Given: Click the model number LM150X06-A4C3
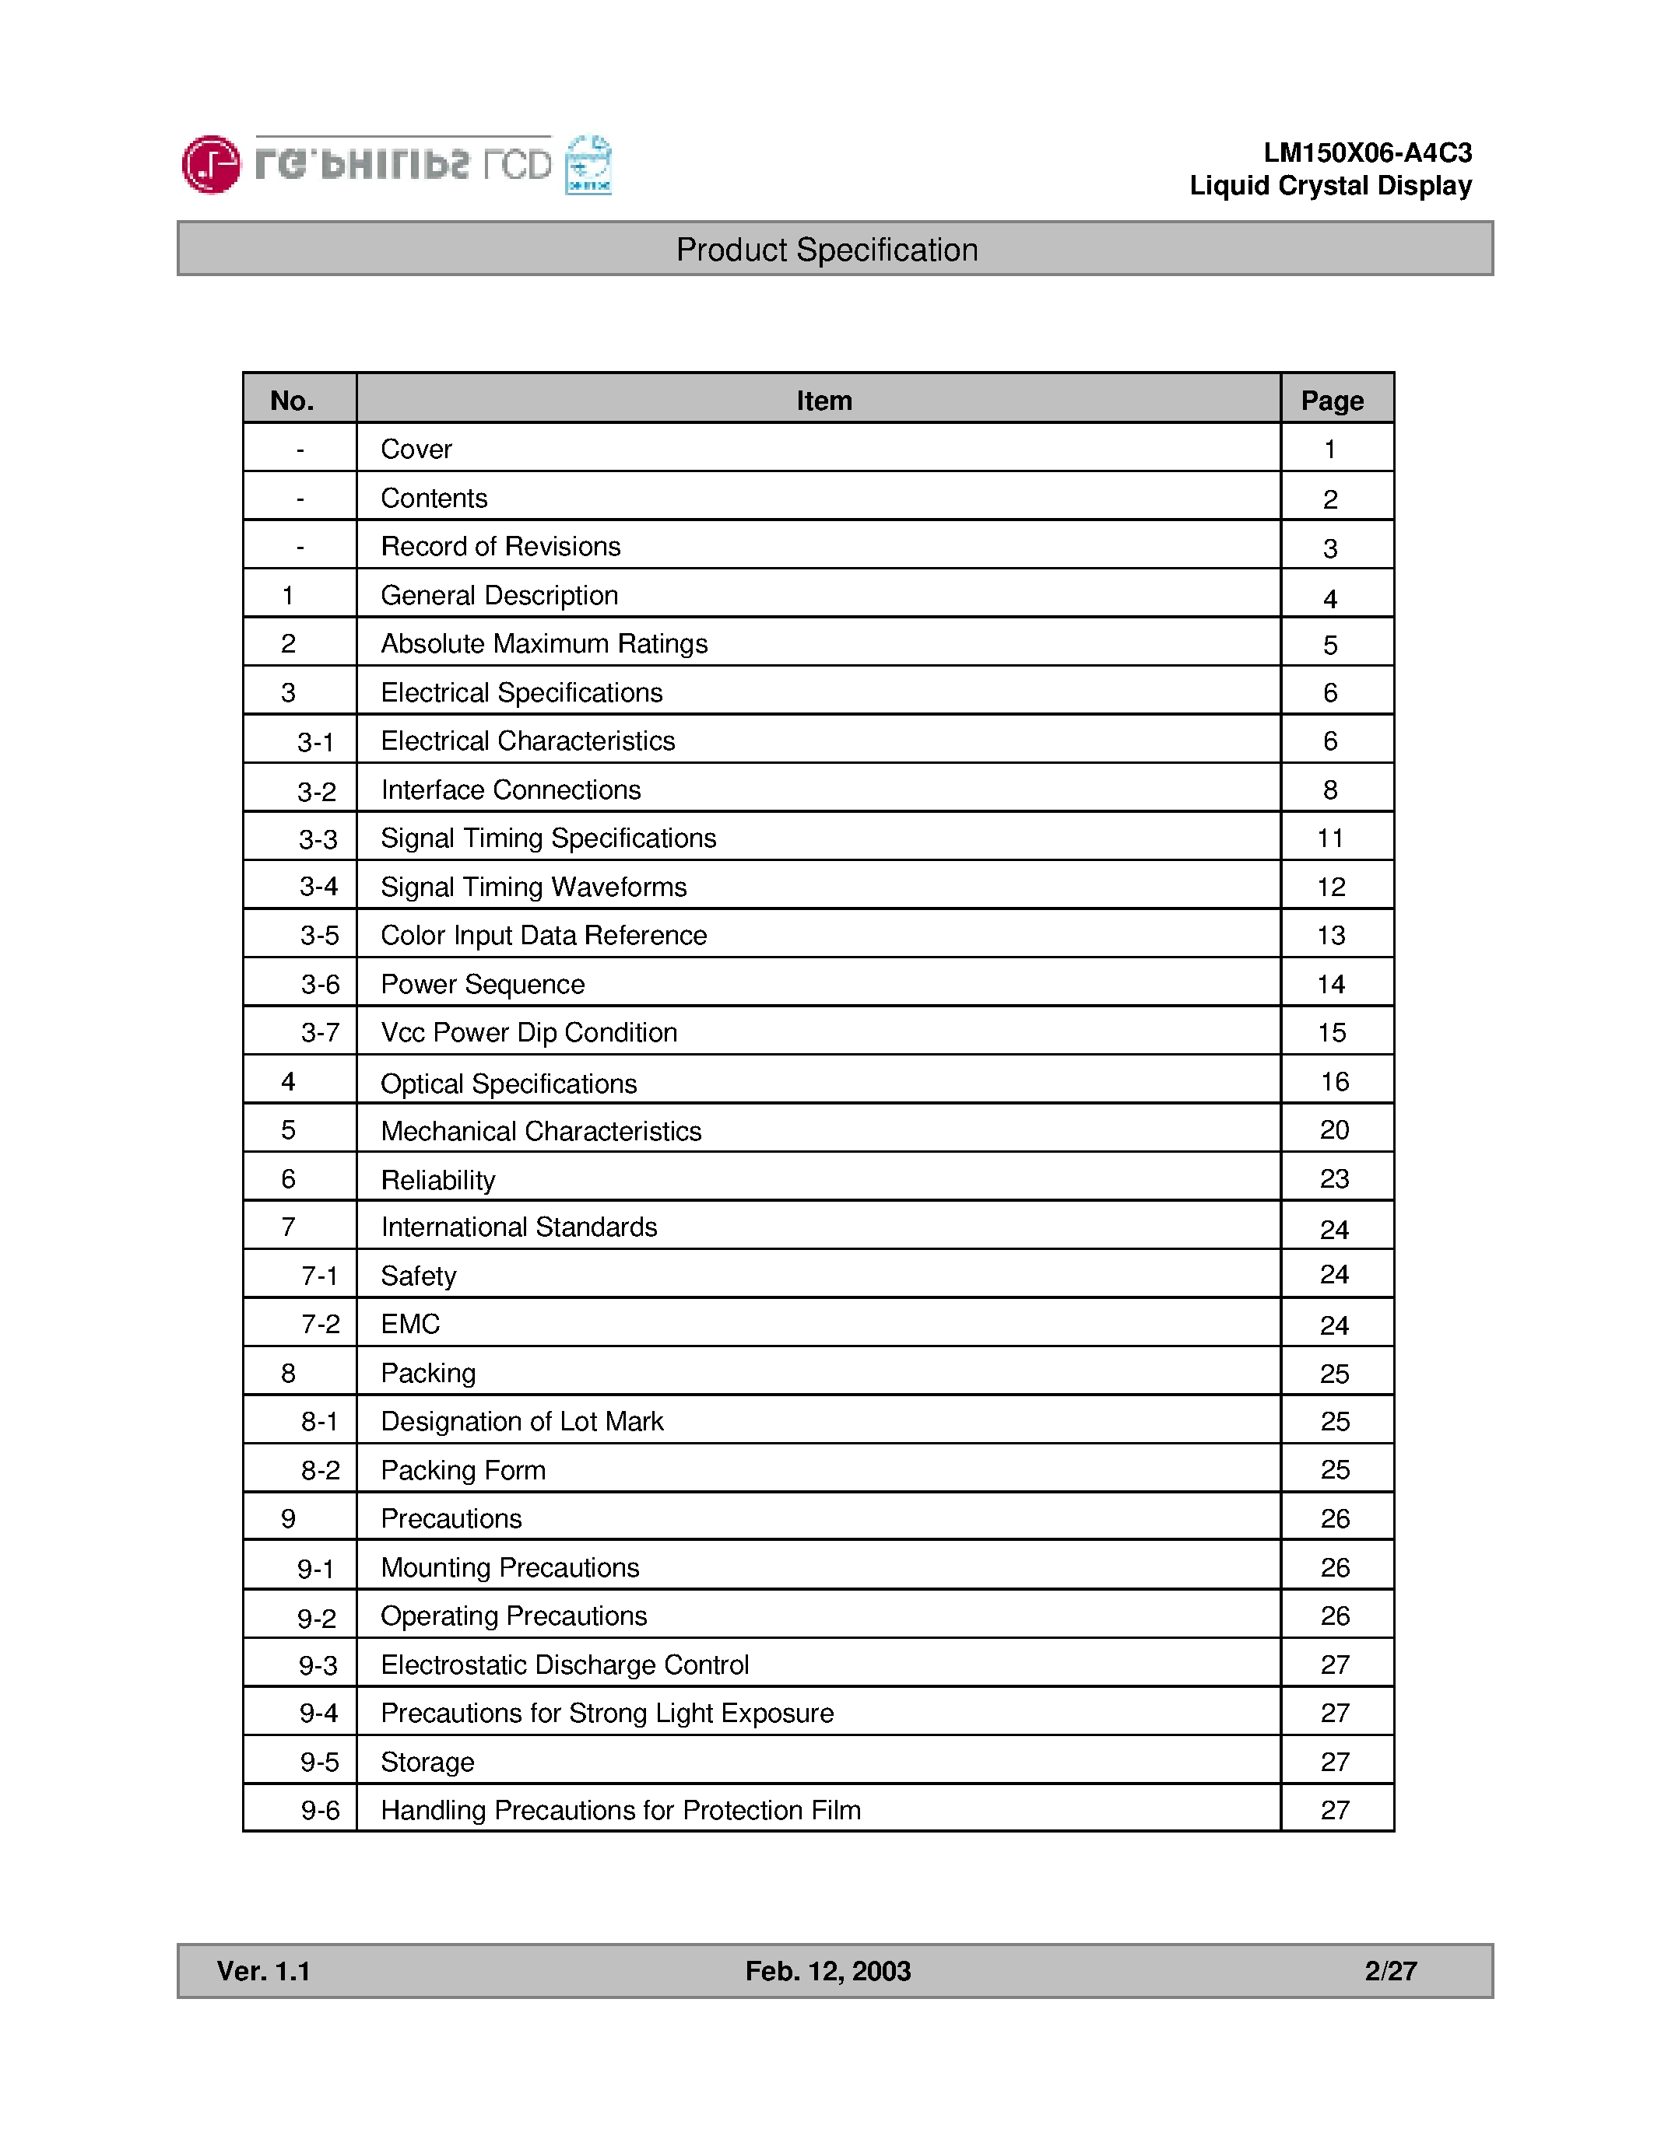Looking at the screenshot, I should (x=1367, y=152).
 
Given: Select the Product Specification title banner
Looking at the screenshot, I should (x=826, y=250).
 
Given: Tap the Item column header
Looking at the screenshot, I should (x=823, y=401).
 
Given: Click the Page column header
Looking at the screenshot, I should (x=1332, y=401).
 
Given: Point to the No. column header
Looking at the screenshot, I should (x=292, y=401).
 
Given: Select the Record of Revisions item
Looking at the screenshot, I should (x=500, y=547).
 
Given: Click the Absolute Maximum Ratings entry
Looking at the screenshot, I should (x=544, y=643).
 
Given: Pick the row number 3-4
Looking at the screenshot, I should (x=318, y=887).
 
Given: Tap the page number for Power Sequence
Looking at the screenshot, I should (x=1331, y=984).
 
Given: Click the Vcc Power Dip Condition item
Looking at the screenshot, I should (x=529, y=1032).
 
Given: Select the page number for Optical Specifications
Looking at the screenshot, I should (x=1333, y=1081).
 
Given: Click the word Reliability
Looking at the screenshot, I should (x=438, y=1180).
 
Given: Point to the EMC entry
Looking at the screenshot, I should (x=409, y=1324).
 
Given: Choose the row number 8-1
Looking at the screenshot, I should (x=319, y=1421).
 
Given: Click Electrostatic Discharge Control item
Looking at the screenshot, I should (x=564, y=1665).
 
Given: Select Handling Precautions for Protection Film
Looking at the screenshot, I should (x=620, y=1810).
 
